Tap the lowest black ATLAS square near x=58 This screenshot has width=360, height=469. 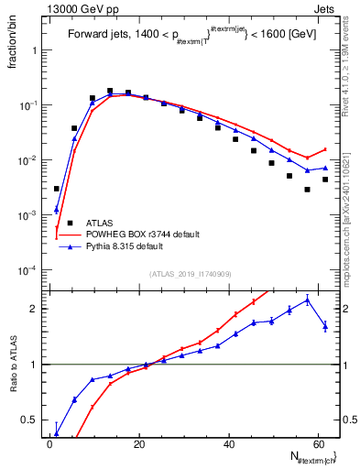308,190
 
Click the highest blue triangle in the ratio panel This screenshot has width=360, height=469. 308,300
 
